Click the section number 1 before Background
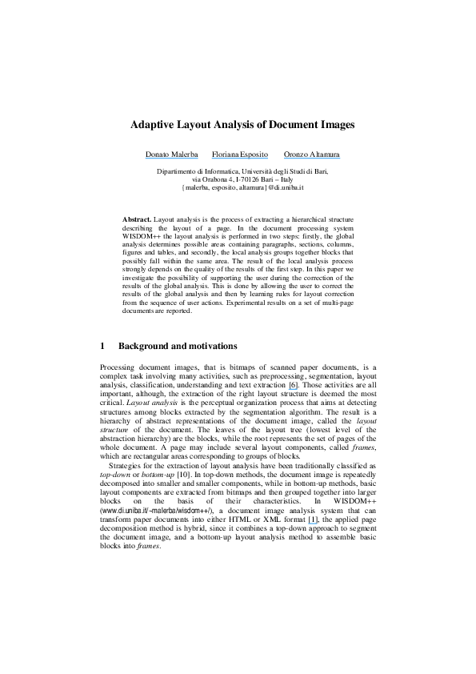tap(102, 347)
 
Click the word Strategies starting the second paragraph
tap(128, 476)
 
